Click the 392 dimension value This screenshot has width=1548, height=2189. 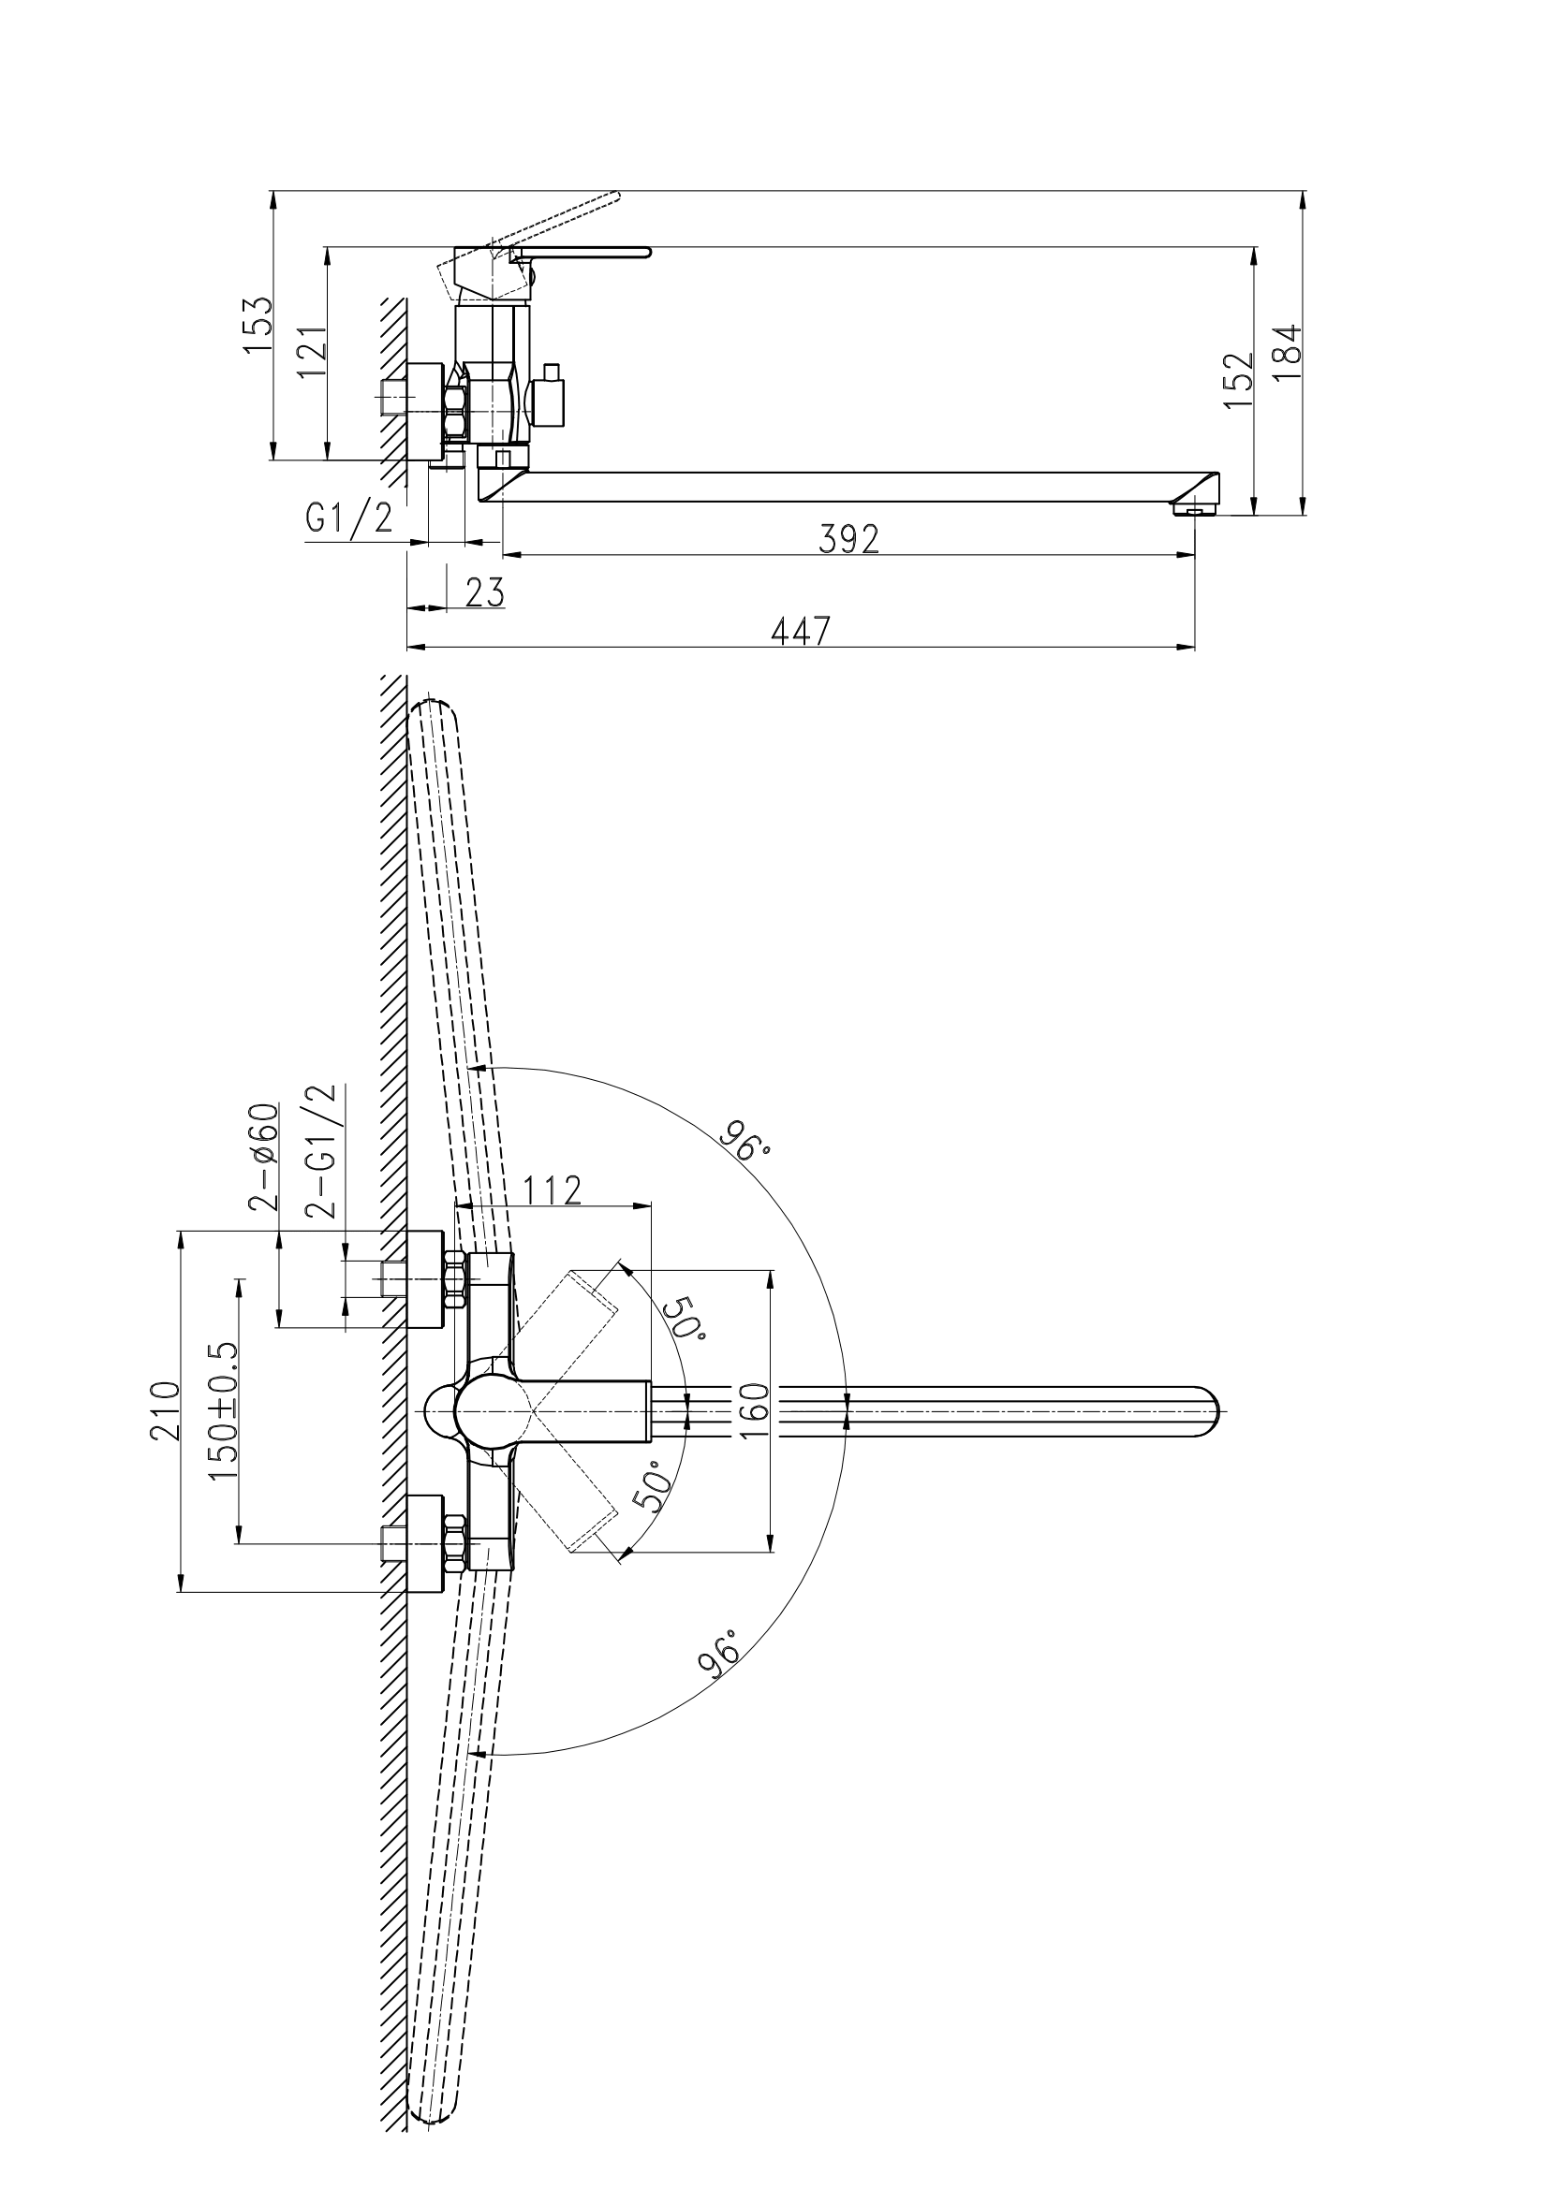(x=848, y=540)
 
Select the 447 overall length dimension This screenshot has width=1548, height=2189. (x=801, y=631)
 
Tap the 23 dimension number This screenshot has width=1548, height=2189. (x=484, y=593)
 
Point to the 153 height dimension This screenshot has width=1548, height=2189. (x=258, y=325)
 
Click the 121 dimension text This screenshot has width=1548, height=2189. (x=312, y=352)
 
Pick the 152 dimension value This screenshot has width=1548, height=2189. (x=1237, y=380)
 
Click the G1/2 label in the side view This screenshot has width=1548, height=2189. (x=349, y=518)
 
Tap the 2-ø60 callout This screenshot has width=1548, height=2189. (x=264, y=1156)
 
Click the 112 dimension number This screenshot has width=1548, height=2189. (x=553, y=1189)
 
